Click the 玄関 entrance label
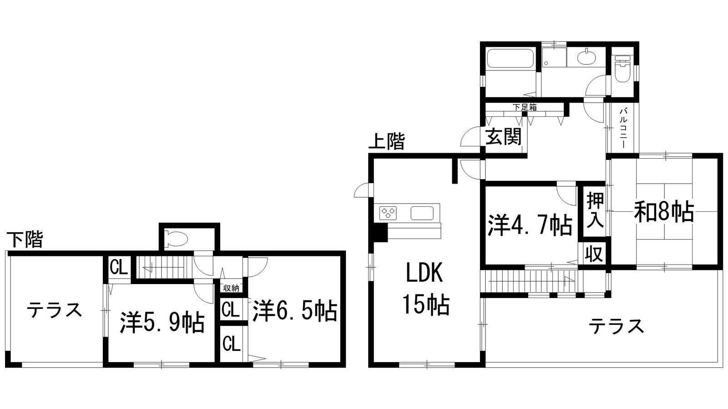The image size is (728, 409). pyautogui.click(x=503, y=136)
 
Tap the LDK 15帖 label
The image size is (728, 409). pyautogui.click(x=426, y=290)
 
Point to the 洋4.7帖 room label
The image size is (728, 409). pyautogui.click(x=530, y=225)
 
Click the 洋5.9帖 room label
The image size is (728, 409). pyautogui.click(x=162, y=322)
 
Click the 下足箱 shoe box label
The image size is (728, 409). pyautogui.click(x=525, y=107)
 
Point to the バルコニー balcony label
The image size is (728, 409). pyautogui.click(x=623, y=128)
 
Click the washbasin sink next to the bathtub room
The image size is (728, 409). pyautogui.click(x=586, y=59)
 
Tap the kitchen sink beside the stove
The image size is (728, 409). pyautogui.click(x=422, y=213)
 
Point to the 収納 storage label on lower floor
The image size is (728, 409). pyautogui.click(x=231, y=288)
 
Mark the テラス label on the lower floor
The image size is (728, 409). pyautogui.click(x=54, y=310)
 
